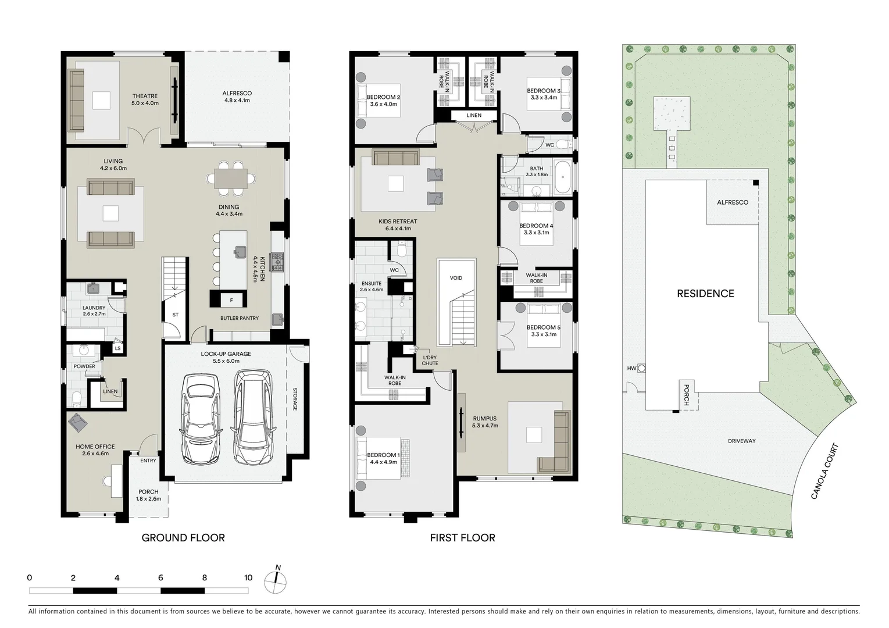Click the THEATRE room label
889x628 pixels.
pos(145,97)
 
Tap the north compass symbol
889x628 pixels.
pos(276,581)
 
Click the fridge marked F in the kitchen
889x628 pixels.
pos(231,300)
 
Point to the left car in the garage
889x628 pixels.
pos(201,417)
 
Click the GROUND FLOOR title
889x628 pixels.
pos(183,538)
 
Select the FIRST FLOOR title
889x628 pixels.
pos(462,538)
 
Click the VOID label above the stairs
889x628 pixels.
pos(456,278)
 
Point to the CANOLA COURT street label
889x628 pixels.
pos(825,472)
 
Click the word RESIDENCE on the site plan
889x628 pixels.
pos(705,294)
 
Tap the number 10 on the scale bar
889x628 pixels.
pos(248,578)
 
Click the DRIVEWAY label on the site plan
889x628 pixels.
pos(742,441)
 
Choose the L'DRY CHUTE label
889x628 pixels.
pos(430,361)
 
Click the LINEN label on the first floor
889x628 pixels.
pos(474,116)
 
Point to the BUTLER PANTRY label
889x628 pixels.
pos(240,318)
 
